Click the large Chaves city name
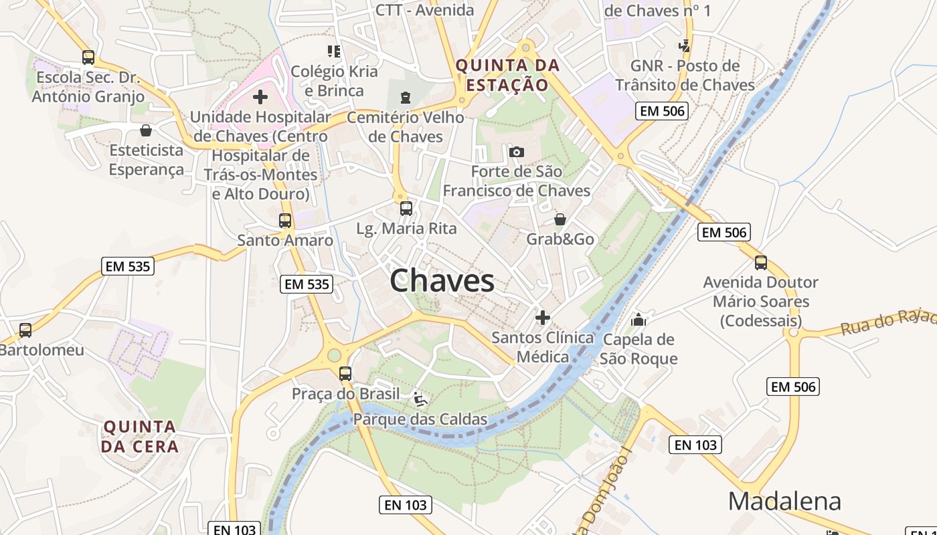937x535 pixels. [442, 280]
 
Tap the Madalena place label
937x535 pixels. [784, 501]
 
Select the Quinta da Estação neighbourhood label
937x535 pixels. [507, 75]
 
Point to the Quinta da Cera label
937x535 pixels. [141, 436]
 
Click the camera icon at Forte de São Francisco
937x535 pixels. [516, 152]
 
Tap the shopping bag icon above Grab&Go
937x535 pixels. [560, 219]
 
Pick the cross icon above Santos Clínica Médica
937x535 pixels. [543, 317]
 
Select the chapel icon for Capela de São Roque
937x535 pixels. [638, 319]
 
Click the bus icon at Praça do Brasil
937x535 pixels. [345, 374]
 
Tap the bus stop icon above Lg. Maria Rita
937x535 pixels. [406, 208]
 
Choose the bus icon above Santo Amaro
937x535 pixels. [285, 220]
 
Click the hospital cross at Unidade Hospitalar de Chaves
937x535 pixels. [260, 98]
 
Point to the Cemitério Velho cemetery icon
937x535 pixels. [405, 98]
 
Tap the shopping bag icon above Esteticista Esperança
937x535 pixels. [146, 130]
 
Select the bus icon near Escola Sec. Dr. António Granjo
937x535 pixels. [88, 58]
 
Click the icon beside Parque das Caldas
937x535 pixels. [420, 399]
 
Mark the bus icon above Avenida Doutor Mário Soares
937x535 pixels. [760, 262]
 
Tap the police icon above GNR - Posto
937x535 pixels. [685, 46]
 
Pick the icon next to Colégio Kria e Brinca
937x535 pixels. [333, 51]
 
